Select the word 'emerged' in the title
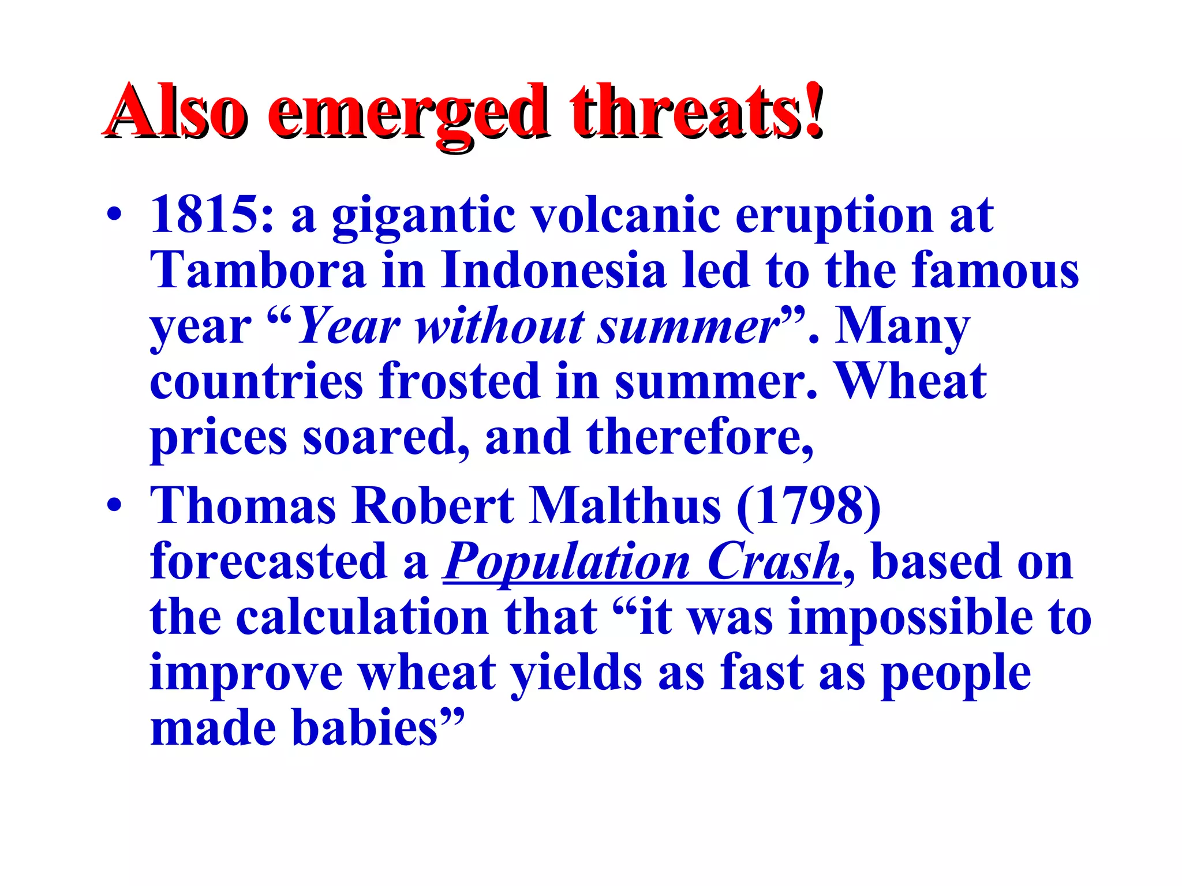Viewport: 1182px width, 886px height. pyautogui.click(x=407, y=111)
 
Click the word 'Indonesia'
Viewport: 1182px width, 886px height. pyautogui.click(x=553, y=271)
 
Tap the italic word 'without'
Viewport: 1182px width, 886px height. pyautogui.click(x=500, y=326)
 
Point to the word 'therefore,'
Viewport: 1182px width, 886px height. pyautogui.click(x=700, y=437)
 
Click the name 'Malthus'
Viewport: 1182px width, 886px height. pyautogui.click(x=626, y=506)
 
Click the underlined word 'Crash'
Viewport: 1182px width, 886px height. pyautogui.click(x=773, y=562)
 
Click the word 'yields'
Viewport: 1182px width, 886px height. pyautogui.click(x=577, y=673)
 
